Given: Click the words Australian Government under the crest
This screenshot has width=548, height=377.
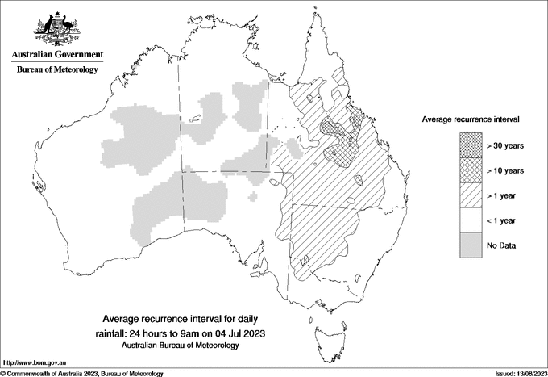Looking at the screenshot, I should tap(57, 55).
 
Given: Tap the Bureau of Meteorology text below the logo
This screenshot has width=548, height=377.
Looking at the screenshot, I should tap(57, 70).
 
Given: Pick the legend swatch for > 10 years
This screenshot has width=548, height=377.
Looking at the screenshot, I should tap(469, 170).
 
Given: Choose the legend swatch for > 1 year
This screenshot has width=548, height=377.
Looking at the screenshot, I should tap(469, 195).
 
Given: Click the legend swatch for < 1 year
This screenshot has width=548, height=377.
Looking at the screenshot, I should tap(469, 220).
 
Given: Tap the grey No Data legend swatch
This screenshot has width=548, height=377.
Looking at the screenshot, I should tap(469, 245).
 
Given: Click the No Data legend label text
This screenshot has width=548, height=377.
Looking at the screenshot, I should tap(501, 245).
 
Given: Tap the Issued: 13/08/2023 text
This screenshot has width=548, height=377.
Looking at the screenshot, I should tap(519, 373).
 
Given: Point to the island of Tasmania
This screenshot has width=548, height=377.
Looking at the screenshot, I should tap(325, 330).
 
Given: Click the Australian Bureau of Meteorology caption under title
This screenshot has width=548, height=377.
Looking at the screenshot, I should tap(181, 345).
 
